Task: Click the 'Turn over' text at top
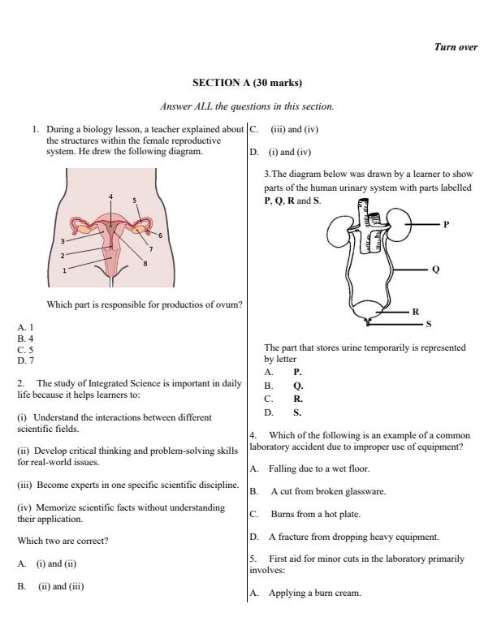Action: pos(456,47)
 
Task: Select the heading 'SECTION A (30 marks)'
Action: pos(247,83)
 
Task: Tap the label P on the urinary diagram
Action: pos(446,223)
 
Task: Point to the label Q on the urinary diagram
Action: pos(436,270)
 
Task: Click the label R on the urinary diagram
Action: pos(415,311)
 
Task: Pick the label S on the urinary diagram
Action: pos(430,324)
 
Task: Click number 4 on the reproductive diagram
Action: pos(111,197)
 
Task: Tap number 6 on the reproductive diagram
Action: pos(160,235)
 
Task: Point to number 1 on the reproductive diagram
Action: pos(66,271)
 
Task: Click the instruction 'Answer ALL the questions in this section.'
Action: pos(247,106)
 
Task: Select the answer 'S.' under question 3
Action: pos(297,412)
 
